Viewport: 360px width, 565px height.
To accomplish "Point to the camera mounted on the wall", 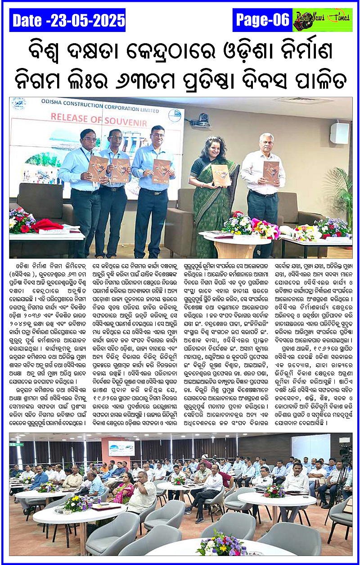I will (x=204, y=120).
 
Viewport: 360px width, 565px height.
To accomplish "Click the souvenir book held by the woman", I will (x=220, y=174).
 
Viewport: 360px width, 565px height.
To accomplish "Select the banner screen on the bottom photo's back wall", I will (x=121, y=448).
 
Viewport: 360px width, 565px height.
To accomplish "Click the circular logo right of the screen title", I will (x=174, y=116).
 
